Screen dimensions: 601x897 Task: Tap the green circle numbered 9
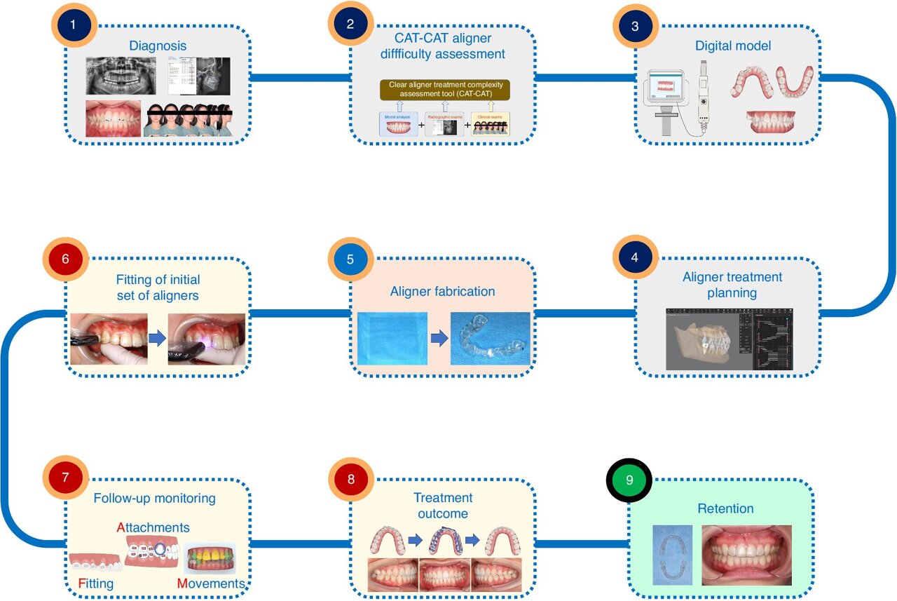click(x=629, y=480)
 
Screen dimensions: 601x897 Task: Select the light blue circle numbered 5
click(x=350, y=259)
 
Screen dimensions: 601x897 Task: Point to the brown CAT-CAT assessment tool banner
click(x=445, y=89)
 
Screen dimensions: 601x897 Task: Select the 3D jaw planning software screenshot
click(x=729, y=339)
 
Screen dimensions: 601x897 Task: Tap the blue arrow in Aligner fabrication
click(x=439, y=339)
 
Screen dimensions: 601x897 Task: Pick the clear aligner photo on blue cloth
click(x=490, y=339)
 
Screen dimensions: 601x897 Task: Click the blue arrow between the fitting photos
click(x=158, y=339)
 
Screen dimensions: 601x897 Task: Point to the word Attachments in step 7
click(x=153, y=527)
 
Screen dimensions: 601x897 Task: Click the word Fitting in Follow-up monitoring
click(x=96, y=583)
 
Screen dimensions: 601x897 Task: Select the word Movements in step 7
click(x=211, y=583)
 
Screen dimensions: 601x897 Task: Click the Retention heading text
click(x=725, y=508)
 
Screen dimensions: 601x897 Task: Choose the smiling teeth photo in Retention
click(x=746, y=555)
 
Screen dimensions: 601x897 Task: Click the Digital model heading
click(x=733, y=46)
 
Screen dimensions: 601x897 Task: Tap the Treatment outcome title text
click(x=442, y=506)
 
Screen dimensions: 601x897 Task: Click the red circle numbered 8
click(x=350, y=480)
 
